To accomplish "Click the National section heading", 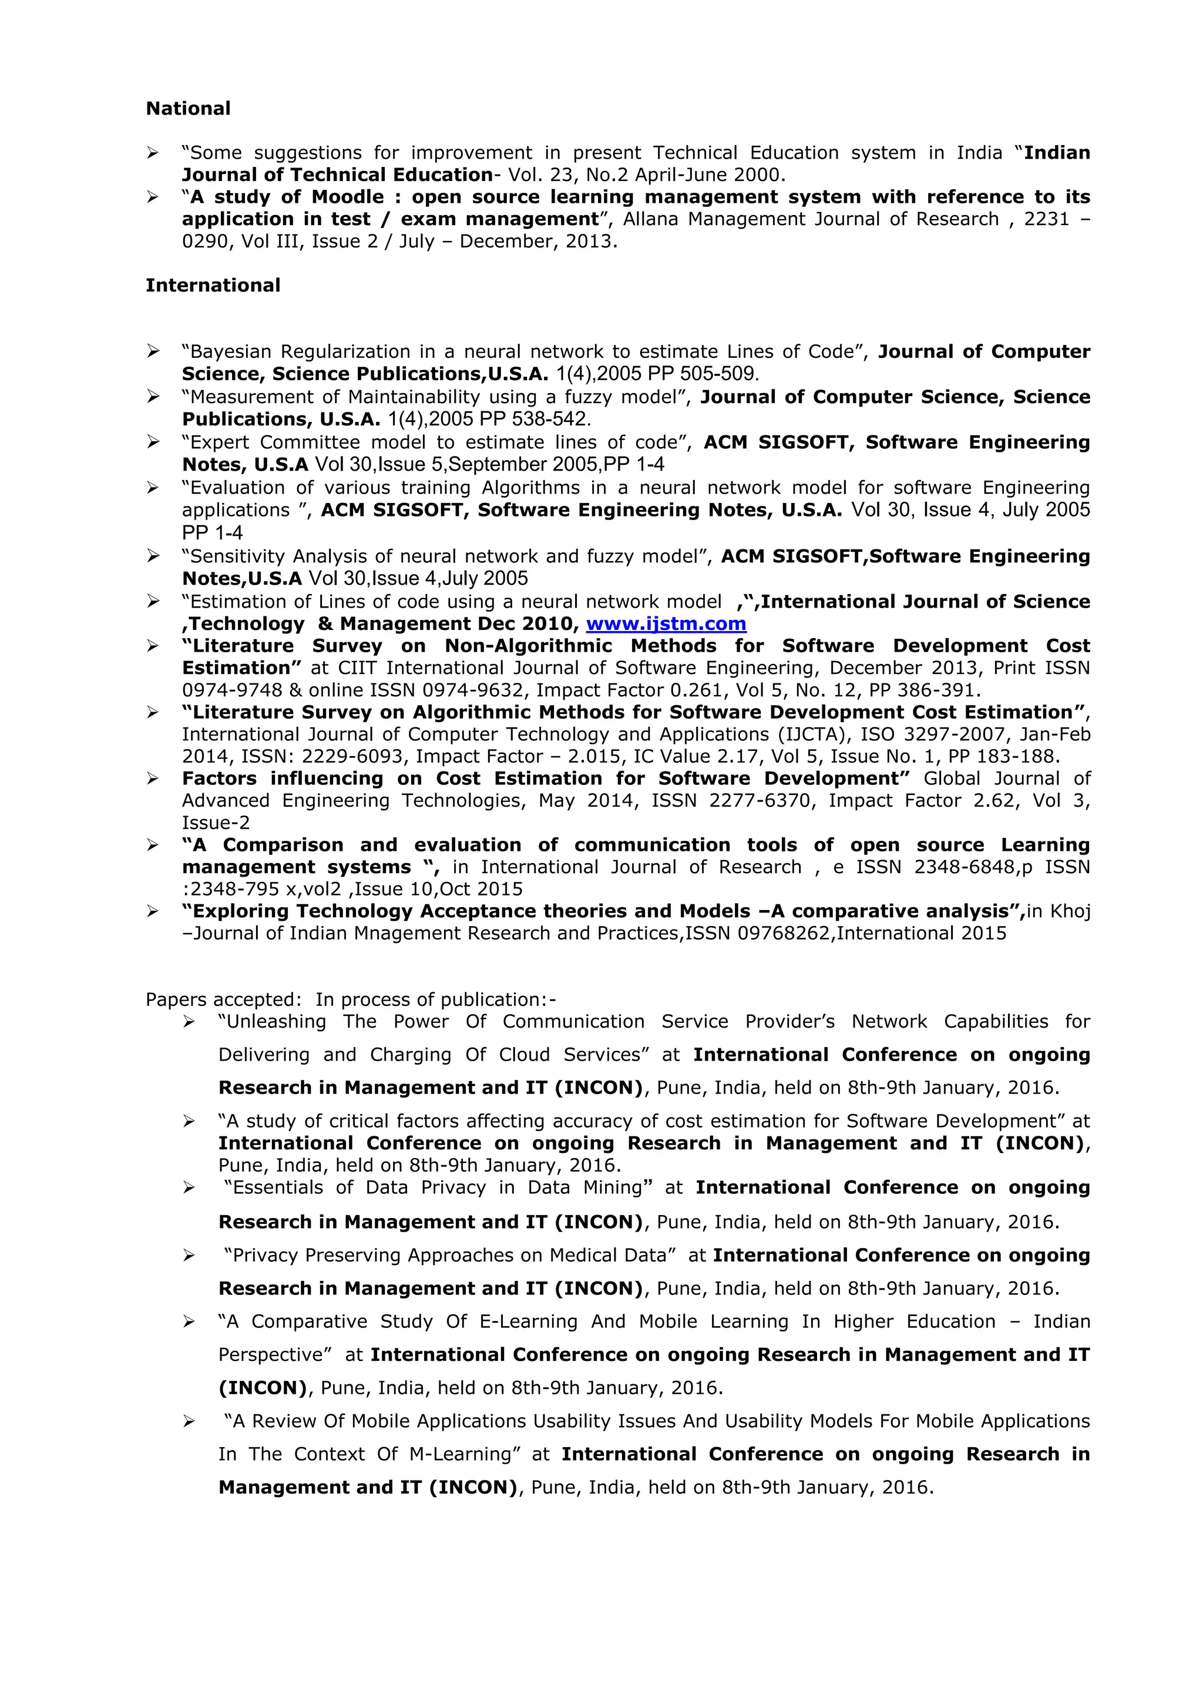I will pyautogui.click(x=188, y=108).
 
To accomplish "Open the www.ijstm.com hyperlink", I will pyautogui.click(x=666, y=624).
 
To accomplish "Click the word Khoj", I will pyautogui.click(x=1070, y=911).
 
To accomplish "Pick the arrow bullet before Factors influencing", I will pyautogui.click(x=153, y=779).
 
